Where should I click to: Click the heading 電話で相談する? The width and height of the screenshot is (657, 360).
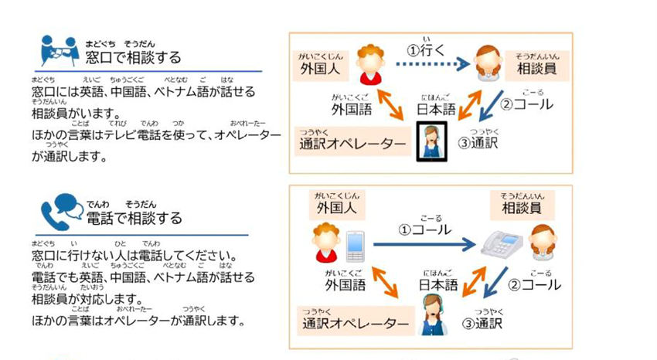point(133,218)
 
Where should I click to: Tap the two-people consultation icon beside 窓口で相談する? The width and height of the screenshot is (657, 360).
point(60,51)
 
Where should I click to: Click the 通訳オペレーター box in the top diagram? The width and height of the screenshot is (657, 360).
point(352,143)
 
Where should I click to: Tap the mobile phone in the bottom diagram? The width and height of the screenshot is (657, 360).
point(355,246)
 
